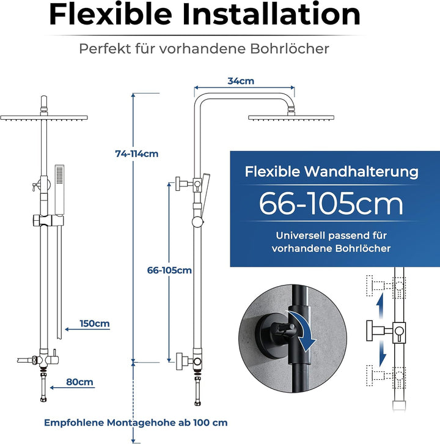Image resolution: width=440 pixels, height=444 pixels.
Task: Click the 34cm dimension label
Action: coord(241,81)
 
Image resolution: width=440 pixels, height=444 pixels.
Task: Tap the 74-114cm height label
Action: coord(137,154)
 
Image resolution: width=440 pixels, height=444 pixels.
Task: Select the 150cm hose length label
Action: coord(95,324)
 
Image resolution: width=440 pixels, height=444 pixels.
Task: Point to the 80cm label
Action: coord(79,382)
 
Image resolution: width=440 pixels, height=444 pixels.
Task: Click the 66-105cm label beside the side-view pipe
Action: coord(169,270)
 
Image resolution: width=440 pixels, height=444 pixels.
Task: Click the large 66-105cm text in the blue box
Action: coord(331,204)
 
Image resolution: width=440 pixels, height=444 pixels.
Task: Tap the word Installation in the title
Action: coord(272,15)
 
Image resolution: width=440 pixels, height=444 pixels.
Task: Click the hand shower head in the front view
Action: coord(59,189)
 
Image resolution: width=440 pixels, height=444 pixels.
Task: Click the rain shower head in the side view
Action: coord(291,117)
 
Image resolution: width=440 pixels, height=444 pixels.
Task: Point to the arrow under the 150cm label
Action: coord(87,329)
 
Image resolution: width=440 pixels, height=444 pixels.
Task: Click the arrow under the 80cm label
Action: coord(72,388)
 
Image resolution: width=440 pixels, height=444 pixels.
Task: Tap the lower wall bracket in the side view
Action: coord(189,361)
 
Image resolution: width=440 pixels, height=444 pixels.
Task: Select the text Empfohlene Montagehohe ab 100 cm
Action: coord(136,423)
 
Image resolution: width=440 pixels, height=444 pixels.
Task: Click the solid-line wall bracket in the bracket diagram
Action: coord(386,330)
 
